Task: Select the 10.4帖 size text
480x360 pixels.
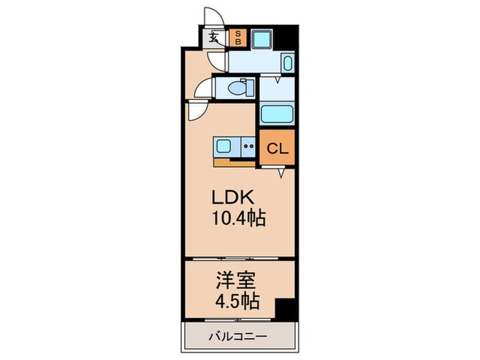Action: coord(239,219)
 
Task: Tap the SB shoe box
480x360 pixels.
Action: coord(238,37)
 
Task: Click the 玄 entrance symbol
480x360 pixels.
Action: coord(215,37)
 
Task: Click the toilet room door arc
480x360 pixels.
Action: coord(202,88)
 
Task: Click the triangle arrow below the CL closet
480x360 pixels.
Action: coord(281,175)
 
